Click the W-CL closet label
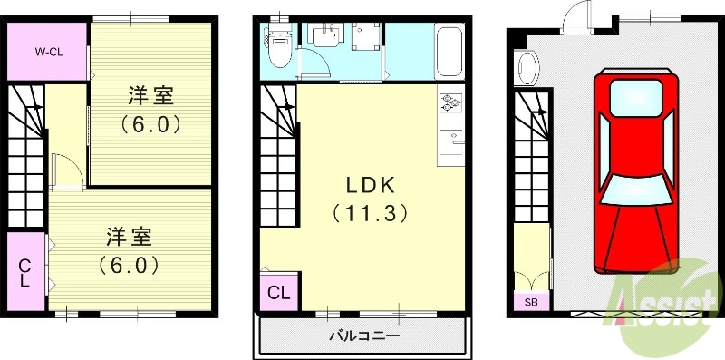coord(47,52)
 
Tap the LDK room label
coord(370,185)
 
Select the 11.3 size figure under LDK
coord(370,214)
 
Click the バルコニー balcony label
coord(364,336)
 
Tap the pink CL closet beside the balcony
coord(278,293)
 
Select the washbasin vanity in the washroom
coord(324,41)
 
